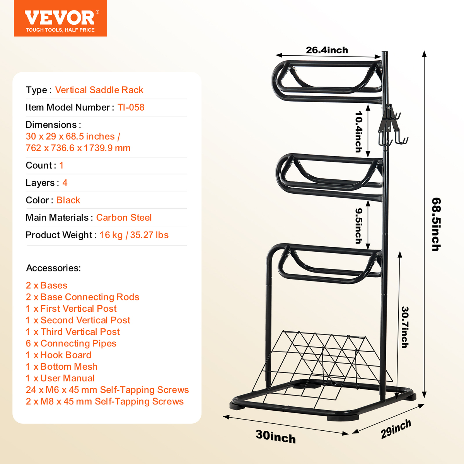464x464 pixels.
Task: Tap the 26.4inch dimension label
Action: point(327,50)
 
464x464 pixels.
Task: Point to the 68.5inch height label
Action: point(436,224)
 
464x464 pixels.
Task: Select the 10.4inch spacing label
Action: point(359,132)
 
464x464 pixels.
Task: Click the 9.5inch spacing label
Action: point(359,225)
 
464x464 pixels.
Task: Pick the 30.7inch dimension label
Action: point(405,327)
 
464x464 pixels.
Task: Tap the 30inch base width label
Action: point(275,437)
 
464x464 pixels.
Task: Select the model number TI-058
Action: point(131,107)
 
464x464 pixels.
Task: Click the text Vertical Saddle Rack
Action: point(99,90)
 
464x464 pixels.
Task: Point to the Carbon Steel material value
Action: point(124,217)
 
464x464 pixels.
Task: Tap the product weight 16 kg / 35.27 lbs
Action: point(134,235)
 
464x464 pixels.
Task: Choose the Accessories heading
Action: point(53,268)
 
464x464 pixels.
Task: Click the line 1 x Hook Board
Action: point(58,355)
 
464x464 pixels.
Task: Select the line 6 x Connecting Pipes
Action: point(71,343)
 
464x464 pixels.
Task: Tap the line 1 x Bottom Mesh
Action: point(61,367)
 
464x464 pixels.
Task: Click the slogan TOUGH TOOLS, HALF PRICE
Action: point(60,30)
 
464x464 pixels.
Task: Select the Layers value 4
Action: point(65,183)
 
